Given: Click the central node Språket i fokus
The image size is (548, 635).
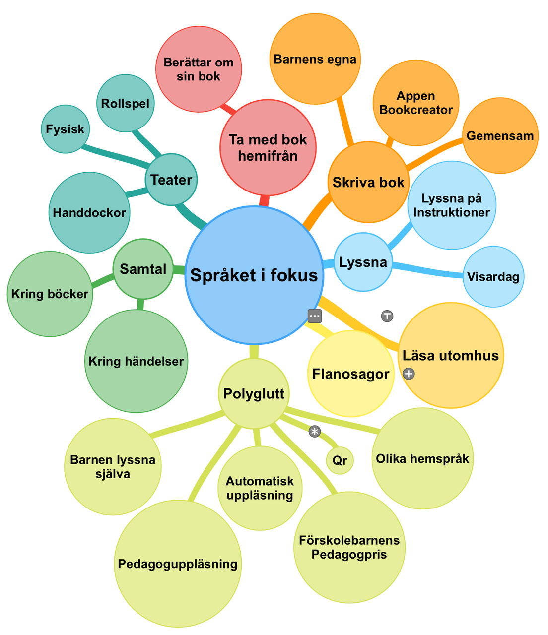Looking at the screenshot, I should (254, 275).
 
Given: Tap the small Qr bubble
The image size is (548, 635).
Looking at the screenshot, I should (340, 460).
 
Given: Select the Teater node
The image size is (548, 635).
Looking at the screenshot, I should (171, 180).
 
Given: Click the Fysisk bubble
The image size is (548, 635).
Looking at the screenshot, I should (65, 129).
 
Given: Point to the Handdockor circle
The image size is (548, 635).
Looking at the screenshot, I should (89, 213).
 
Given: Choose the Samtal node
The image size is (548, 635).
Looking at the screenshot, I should (143, 269).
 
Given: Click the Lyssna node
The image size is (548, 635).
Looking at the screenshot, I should (363, 262).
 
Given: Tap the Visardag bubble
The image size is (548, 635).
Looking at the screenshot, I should (493, 276).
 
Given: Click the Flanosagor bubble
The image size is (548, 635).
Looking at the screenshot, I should (351, 374).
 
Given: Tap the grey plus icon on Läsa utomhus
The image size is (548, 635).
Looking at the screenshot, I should (408, 374).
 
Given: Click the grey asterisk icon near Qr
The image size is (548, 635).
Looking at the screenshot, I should (314, 432).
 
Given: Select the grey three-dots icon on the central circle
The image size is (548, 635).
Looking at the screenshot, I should (315, 316).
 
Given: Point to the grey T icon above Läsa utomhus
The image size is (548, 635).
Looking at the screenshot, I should (387, 316).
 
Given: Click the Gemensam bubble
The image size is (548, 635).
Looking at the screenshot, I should (500, 136).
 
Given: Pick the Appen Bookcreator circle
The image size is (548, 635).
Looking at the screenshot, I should (416, 103).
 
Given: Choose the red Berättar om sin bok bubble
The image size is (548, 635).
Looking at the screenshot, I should (199, 70).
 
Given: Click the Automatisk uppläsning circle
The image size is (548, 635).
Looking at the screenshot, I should (260, 488).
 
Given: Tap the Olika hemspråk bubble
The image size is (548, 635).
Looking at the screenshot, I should (422, 458).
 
